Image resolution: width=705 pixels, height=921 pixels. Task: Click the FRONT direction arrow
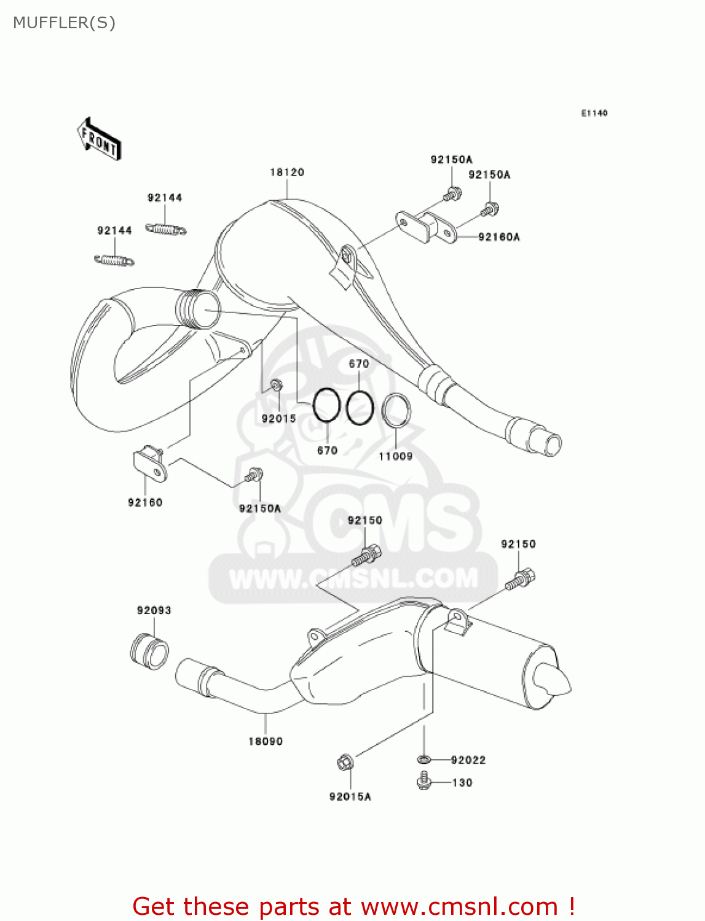[98, 139]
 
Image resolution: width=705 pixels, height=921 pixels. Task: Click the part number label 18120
[287, 173]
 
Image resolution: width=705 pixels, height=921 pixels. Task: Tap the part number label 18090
[266, 741]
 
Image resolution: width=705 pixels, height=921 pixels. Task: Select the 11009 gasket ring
[396, 410]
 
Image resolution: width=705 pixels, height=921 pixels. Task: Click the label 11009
[395, 456]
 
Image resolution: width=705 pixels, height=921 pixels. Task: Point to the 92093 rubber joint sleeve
[149, 651]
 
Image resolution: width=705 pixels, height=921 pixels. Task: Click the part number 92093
[154, 610]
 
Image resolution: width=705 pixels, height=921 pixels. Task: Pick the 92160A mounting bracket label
[498, 237]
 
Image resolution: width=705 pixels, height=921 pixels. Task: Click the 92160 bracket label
[145, 502]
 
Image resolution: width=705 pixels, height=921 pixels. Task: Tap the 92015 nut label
[278, 418]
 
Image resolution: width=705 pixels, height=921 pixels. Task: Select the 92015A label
[350, 796]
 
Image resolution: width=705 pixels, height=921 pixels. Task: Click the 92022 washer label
[468, 760]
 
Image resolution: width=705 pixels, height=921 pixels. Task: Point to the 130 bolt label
[462, 783]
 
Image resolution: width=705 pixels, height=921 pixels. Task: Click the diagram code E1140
[594, 113]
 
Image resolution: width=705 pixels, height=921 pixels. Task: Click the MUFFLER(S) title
[64, 23]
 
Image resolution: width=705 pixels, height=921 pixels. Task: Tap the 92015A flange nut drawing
[345, 763]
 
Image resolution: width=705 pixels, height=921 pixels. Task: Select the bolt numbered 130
[423, 782]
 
